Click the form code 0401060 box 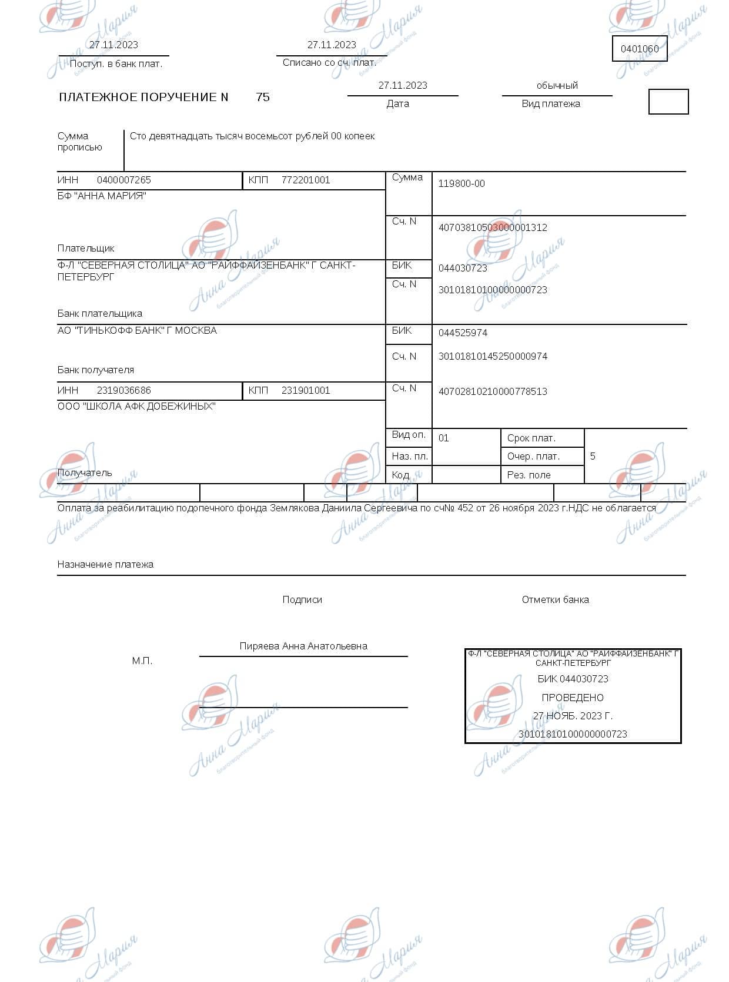pos(640,49)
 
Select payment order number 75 pos(263,97)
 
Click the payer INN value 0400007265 pos(124,180)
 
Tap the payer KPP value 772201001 pos(306,180)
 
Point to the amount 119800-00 pos(462,183)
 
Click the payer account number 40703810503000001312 pos(493,227)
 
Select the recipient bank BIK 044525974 pos(463,333)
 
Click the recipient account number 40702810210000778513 pos(493,391)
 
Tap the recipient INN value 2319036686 pos(124,390)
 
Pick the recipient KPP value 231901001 pos(306,390)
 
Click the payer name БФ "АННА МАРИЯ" pos(102,196)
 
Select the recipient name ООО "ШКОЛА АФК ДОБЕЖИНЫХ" pos(136,406)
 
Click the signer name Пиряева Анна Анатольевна pos(303,646)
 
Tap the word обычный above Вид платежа pos(557,85)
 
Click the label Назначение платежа pos(105,564)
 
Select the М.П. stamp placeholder pos(142,661)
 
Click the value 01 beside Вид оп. pos(444,438)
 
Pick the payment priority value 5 pos(593,456)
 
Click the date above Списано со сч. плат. pos(332,45)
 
